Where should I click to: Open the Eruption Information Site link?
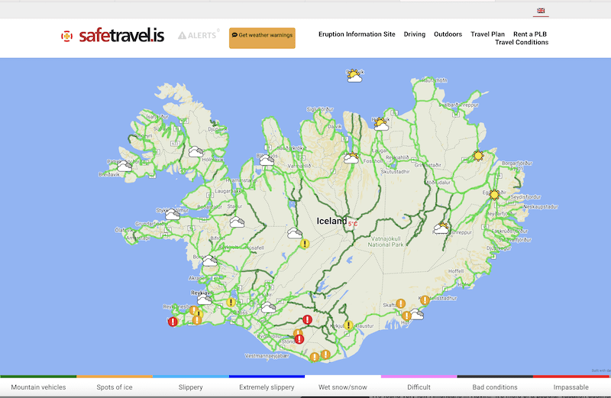pos(357,34)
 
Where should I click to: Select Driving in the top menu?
pos(415,34)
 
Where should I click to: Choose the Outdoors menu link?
pos(448,34)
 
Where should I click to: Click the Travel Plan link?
pos(487,34)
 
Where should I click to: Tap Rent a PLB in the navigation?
pos(530,34)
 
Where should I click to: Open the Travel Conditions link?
pos(522,43)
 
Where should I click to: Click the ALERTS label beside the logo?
pos(198,35)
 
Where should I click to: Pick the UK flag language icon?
pos(541,11)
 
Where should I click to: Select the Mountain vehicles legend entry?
pos(38,387)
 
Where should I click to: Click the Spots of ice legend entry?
pos(115,387)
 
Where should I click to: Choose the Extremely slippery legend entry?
pos(267,387)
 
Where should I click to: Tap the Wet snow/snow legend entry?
pos(343,387)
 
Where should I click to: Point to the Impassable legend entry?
pos(571,387)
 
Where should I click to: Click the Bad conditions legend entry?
pos(495,387)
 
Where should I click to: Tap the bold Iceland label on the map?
pos(332,222)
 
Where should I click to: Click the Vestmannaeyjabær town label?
pos(264,356)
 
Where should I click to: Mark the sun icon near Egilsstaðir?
pos(494,195)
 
